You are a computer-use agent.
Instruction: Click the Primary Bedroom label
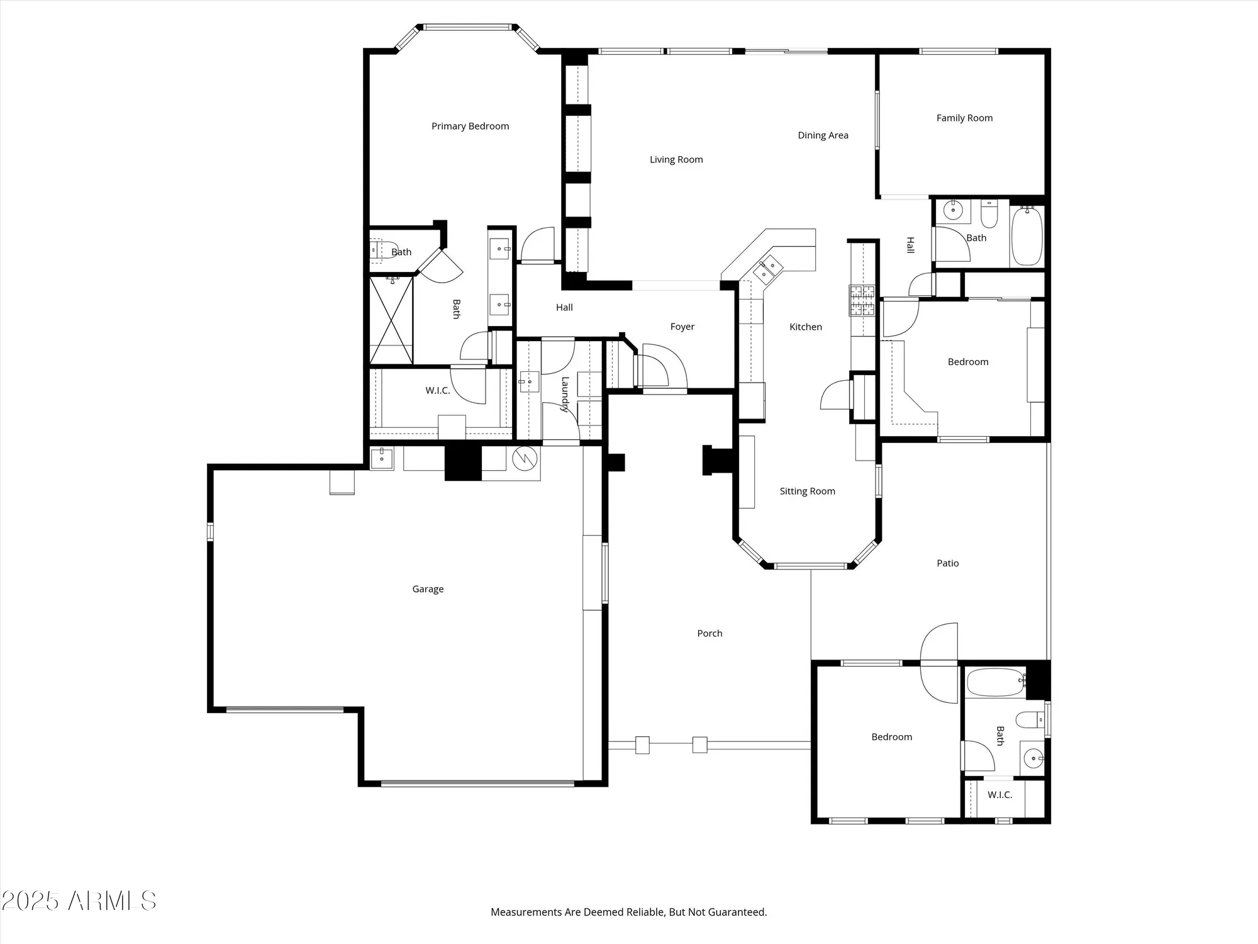click(x=470, y=126)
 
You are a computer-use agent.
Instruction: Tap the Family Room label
click(x=964, y=118)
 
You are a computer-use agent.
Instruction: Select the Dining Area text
click(x=823, y=135)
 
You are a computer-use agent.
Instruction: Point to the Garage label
click(x=428, y=589)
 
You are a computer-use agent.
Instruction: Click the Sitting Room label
click(x=807, y=492)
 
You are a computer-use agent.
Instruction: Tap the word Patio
click(x=947, y=563)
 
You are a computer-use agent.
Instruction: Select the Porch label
click(x=710, y=634)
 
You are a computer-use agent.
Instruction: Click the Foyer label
click(x=682, y=327)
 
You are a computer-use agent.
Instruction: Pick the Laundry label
click(x=565, y=393)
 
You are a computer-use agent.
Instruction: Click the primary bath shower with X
click(x=391, y=320)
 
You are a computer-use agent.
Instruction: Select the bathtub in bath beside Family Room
click(x=1027, y=236)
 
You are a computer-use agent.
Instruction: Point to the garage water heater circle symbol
click(x=525, y=459)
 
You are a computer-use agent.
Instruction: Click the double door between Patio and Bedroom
click(x=939, y=663)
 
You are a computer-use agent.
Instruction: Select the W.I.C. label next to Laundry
click(x=437, y=391)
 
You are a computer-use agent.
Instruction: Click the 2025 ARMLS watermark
click(x=79, y=901)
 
